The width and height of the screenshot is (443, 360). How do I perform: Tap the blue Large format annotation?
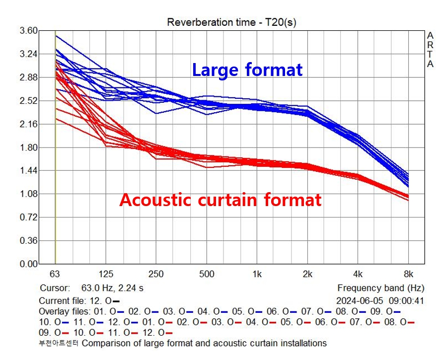pyautogui.click(x=247, y=70)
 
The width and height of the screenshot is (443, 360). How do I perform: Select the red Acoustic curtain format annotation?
pyautogui.click(x=221, y=200)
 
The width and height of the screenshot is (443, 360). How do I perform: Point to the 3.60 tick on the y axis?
pyautogui.click(x=28, y=31)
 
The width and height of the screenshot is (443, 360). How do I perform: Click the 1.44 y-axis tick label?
pyautogui.click(x=28, y=171)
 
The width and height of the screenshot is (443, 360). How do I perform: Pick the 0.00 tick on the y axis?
pyautogui.click(x=28, y=264)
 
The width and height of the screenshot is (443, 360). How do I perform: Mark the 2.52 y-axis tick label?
pyautogui.click(x=28, y=101)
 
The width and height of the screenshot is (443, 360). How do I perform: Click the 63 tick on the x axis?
pyautogui.click(x=55, y=274)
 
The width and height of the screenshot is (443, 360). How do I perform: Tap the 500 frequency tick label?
pyautogui.click(x=207, y=274)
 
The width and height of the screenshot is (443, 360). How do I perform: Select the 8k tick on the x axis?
pyautogui.click(x=408, y=274)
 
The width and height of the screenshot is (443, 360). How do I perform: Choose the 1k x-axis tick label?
pyautogui.click(x=257, y=274)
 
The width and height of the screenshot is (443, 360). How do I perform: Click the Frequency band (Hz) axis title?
pyautogui.click(x=381, y=288)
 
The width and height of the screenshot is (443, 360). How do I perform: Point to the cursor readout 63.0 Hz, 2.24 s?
pyautogui.click(x=112, y=288)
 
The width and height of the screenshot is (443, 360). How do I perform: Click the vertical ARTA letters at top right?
pyautogui.click(x=430, y=50)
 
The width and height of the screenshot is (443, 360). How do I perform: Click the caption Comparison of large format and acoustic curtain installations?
pyautogui.click(x=204, y=343)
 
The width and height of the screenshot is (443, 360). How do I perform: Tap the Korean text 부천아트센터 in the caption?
pyautogui.click(x=59, y=343)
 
